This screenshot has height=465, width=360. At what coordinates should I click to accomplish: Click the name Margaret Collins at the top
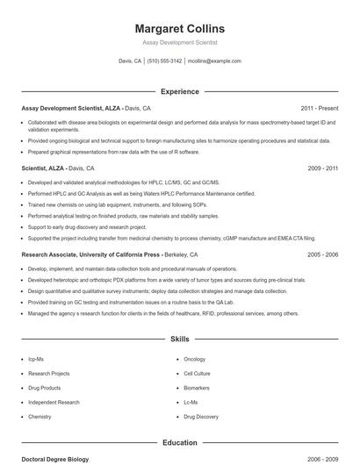click(x=179, y=28)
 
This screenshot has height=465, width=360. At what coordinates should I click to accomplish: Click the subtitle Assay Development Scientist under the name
click(x=179, y=42)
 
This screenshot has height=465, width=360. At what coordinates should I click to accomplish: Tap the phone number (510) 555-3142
click(x=164, y=61)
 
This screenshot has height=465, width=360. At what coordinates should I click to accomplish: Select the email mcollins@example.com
click(x=215, y=61)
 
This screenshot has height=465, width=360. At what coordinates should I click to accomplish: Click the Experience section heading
click(x=179, y=91)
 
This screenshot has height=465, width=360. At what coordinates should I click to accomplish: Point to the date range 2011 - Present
click(x=319, y=108)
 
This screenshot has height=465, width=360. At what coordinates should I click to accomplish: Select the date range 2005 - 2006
click(x=322, y=254)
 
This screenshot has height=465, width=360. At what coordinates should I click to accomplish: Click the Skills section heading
click(x=179, y=338)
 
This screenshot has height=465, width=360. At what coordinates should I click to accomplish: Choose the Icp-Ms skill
click(x=37, y=359)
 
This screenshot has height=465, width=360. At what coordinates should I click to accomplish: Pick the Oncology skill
click(x=194, y=359)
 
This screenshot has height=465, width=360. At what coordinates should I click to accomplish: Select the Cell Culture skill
click(x=197, y=373)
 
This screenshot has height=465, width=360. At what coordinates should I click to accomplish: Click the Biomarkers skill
click(x=197, y=388)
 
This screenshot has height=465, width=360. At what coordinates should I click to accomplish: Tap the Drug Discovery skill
click(x=201, y=417)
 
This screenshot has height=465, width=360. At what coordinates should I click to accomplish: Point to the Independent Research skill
click(x=54, y=402)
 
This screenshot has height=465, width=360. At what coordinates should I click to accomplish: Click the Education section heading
click(x=179, y=443)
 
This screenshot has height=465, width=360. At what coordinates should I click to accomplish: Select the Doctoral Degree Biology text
click(x=54, y=460)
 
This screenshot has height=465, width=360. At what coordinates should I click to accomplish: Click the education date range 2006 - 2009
click(x=322, y=460)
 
